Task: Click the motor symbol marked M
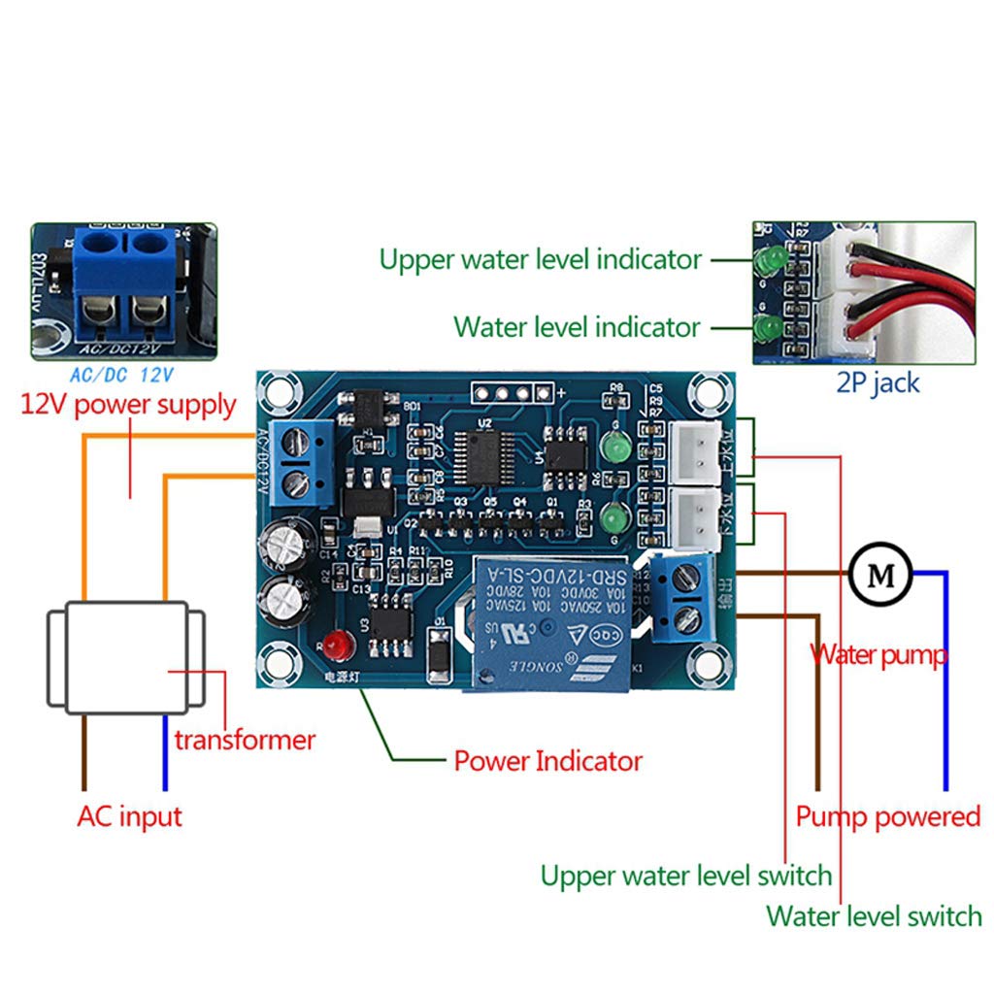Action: tap(880, 574)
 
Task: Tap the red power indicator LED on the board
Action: tap(337, 642)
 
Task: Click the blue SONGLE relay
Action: tap(550, 622)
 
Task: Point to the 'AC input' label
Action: tap(129, 815)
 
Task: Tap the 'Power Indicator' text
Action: tap(547, 760)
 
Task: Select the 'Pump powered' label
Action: tap(887, 815)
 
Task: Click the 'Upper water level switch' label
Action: tap(685, 876)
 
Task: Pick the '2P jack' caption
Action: tap(878, 382)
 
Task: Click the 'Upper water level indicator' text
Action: tap(540, 259)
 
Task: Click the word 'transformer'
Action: tap(245, 740)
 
